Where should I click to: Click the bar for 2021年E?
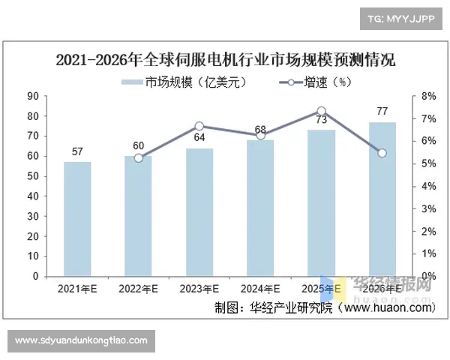pos(77,219)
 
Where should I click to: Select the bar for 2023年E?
pos(199,212)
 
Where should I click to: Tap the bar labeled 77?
pos(382,199)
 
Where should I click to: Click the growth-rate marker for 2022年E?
pos(139,158)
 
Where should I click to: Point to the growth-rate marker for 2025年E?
pos(321,111)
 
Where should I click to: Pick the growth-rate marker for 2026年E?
pos(382,153)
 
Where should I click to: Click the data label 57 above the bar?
pos(77,152)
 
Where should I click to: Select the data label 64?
pos(199,138)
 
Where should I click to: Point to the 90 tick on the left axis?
pos(33,96)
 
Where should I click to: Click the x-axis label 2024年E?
pos(260,289)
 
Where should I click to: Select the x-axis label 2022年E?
pos(139,289)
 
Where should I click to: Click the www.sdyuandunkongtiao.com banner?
pos(81,340)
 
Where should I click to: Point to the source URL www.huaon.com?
pos(390,307)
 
